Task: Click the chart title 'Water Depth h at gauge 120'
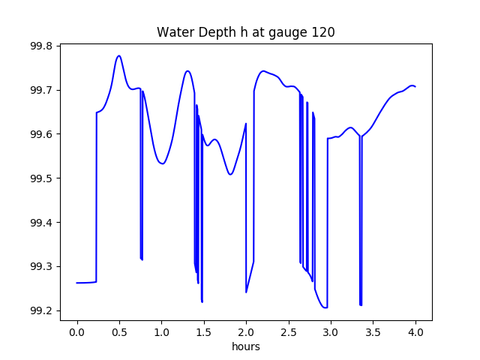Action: click(x=245, y=32)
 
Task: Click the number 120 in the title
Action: click(x=324, y=32)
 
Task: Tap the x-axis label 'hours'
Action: click(x=246, y=347)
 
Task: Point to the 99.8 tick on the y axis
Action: click(x=41, y=46)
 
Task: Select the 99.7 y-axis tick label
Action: click(x=41, y=91)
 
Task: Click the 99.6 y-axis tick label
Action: click(x=41, y=135)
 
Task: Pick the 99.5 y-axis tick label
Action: click(x=41, y=179)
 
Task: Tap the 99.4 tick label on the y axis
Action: click(x=41, y=223)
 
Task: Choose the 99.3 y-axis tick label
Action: click(x=41, y=267)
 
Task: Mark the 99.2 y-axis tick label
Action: click(x=41, y=311)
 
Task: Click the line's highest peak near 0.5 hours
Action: click(x=118, y=55)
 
